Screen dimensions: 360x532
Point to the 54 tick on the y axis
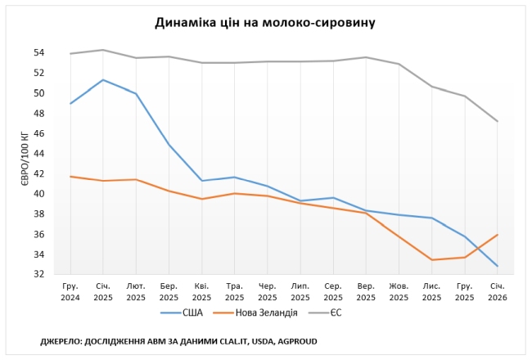pyautogui.click(x=38, y=52)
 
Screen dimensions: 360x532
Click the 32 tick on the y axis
pyautogui.click(x=38, y=274)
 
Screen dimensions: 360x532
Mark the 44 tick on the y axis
pyautogui.click(x=38, y=153)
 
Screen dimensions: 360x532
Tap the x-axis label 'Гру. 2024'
pyautogui.click(x=70, y=291)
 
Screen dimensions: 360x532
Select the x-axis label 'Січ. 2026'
pyautogui.click(x=497, y=291)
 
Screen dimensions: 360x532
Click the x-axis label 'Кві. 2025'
pyautogui.click(x=201, y=291)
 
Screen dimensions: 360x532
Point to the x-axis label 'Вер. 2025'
pyautogui.click(x=366, y=291)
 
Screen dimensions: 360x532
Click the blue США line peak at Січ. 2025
pyautogui.click(x=102, y=79)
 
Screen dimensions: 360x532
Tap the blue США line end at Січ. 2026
pyautogui.click(x=497, y=266)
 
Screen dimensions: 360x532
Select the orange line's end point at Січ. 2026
pyautogui.click(x=497, y=235)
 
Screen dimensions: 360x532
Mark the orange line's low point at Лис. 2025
pyautogui.click(x=431, y=259)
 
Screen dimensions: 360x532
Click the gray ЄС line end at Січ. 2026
pyautogui.click(x=497, y=121)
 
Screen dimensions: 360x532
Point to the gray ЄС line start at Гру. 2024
pyautogui.click(x=70, y=53)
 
